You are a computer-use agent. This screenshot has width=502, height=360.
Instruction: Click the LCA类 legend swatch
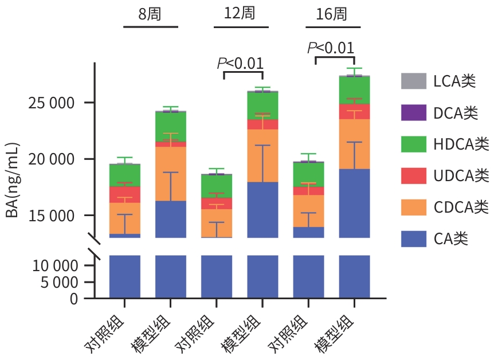(414, 81)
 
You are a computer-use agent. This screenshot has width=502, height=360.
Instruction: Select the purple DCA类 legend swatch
(414, 112)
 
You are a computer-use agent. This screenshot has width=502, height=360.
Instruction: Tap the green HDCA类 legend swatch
(414, 144)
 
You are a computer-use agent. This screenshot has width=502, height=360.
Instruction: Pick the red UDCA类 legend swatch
(414, 175)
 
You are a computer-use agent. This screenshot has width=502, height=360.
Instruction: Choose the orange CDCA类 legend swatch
(414, 206)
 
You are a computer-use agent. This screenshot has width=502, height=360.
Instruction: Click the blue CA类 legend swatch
(414, 238)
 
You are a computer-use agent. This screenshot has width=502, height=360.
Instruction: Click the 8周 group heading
(150, 14)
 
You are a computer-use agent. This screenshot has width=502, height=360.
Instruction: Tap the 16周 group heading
(332, 14)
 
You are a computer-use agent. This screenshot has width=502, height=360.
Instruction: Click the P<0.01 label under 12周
(240, 62)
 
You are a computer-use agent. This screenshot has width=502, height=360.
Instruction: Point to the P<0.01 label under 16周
(331, 48)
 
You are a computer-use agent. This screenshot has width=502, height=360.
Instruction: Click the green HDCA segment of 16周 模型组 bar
(354, 90)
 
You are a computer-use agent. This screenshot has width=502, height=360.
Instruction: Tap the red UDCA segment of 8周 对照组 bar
(125, 194)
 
